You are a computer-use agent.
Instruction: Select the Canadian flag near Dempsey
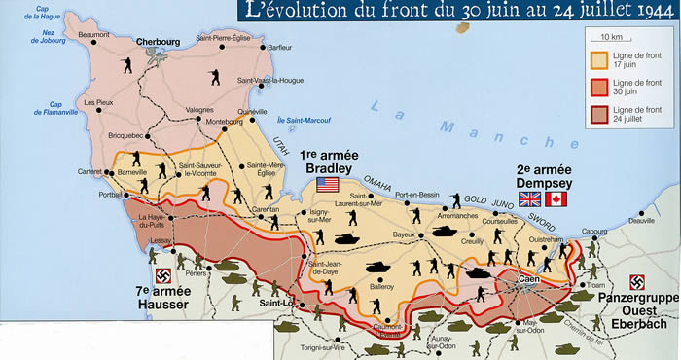click(557, 198)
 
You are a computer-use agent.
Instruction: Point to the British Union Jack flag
click(530, 198)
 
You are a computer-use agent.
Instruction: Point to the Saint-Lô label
click(275, 303)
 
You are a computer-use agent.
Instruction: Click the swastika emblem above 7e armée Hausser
click(163, 275)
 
